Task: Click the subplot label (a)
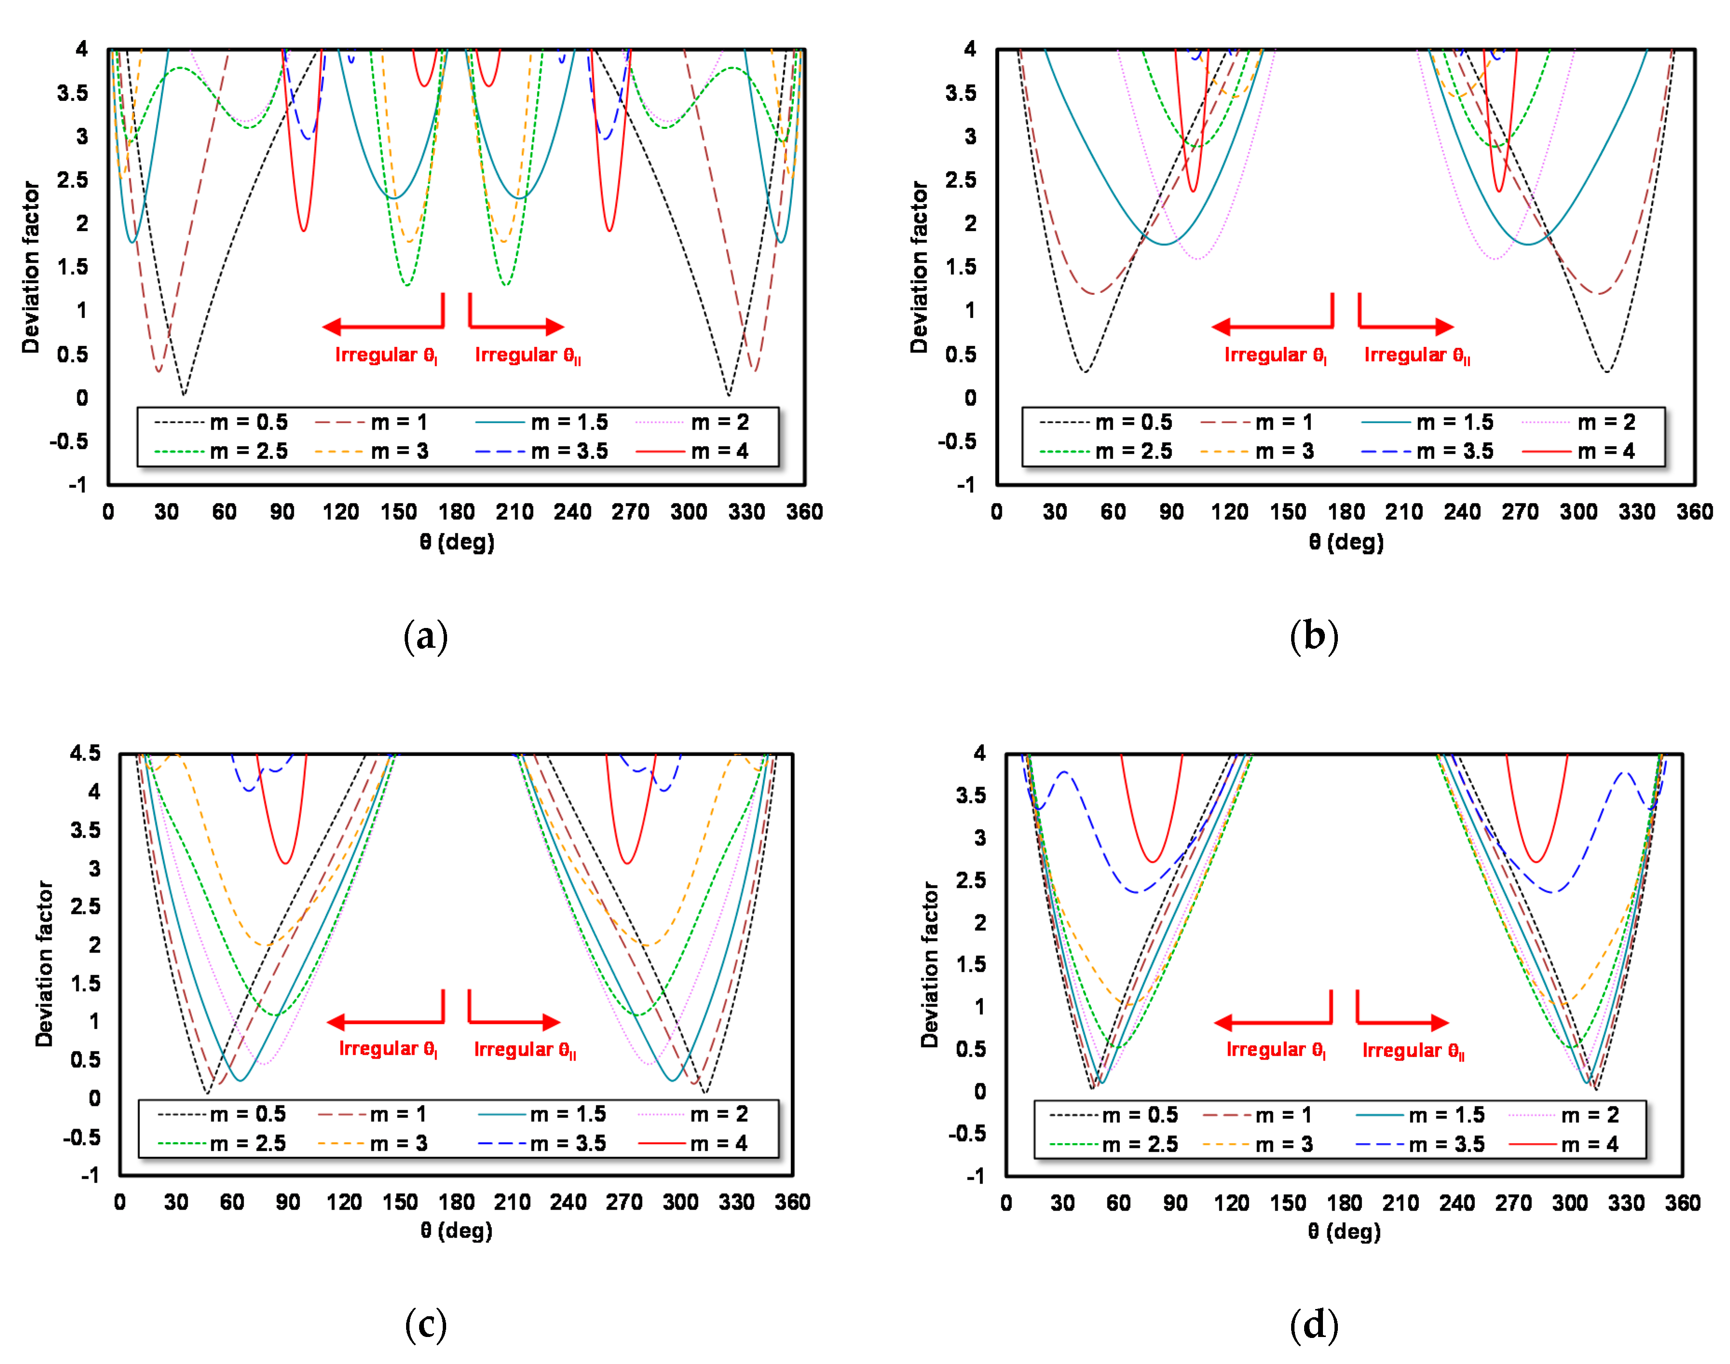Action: point(425,637)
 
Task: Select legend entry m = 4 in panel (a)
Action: point(719,451)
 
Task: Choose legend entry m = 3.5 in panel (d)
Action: point(1445,1145)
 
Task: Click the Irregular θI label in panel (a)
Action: point(386,355)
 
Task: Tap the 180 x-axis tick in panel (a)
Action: point(456,512)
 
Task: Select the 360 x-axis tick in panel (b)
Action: point(1694,512)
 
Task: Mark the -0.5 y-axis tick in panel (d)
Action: point(967,1133)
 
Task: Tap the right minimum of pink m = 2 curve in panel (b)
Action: point(1495,259)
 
